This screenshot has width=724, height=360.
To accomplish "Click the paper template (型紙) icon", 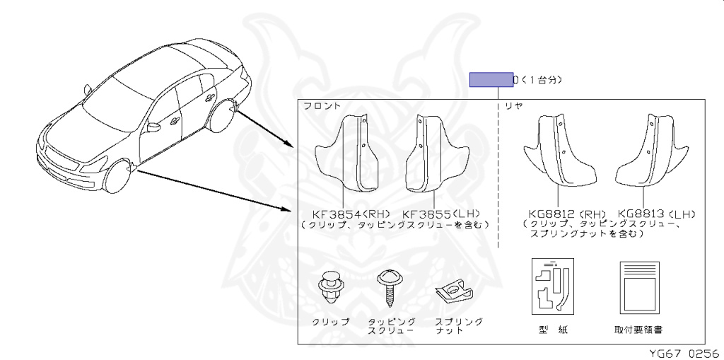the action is point(551,286).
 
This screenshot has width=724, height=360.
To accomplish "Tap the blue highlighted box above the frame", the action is point(491,79).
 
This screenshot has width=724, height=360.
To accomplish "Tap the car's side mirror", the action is point(153,127).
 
